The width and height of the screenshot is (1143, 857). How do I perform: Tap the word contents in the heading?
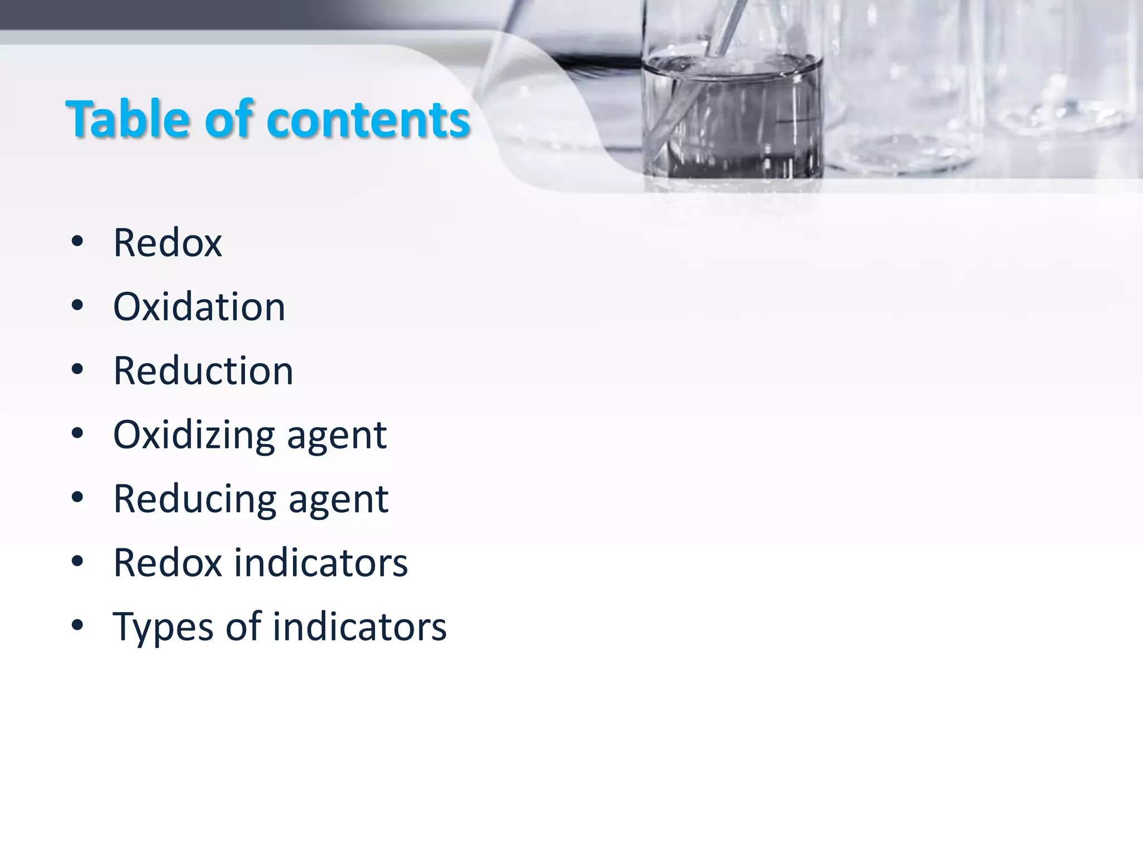coord(368,120)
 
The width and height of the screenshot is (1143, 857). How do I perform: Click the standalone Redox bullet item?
coord(167,243)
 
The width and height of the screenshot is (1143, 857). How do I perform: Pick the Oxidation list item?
coord(199,307)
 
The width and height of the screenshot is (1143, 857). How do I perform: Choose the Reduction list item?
coord(203,371)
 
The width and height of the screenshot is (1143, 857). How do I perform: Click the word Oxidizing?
coord(194,435)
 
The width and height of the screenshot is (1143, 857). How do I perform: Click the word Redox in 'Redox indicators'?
coord(167,562)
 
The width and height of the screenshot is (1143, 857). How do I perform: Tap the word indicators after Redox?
coord(321,562)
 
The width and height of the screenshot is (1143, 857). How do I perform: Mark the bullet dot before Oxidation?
coord(78,305)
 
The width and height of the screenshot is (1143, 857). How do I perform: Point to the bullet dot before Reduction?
coord(78,369)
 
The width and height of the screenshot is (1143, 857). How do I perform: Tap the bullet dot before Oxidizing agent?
coord(78,433)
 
